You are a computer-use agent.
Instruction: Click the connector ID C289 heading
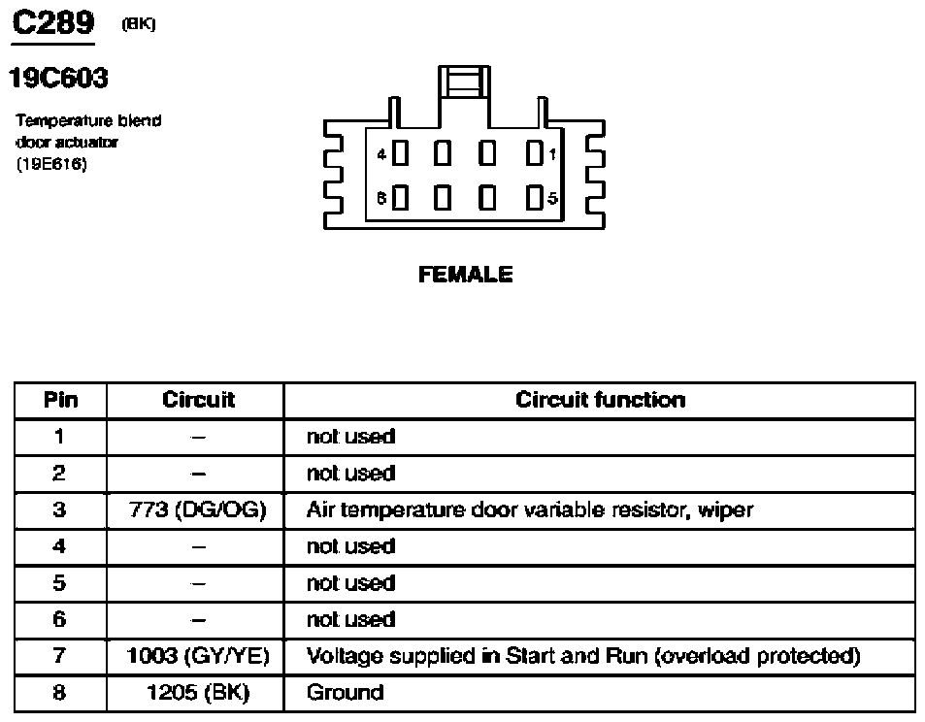pyautogui.click(x=53, y=23)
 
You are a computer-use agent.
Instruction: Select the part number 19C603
pyautogui.click(x=58, y=78)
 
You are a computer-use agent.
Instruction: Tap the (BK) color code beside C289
pyautogui.click(x=139, y=24)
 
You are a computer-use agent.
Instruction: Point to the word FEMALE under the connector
pyautogui.click(x=466, y=275)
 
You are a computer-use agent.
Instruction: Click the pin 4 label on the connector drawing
pyautogui.click(x=381, y=154)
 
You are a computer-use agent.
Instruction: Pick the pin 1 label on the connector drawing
pyautogui.click(x=552, y=154)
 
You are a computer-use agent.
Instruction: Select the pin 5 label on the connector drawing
pyautogui.click(x=552, y=198)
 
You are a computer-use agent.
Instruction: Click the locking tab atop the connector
pyautogui.click(x=464, y=82)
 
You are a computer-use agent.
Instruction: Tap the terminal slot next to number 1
pyautogui.click(x=535, y=153)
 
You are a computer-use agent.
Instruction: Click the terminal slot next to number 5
pyautogui.click(x=535, y=197)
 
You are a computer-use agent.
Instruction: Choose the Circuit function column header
pyautogui.click(x=601, y=400)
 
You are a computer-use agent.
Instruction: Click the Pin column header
pyautogui.click(x=60, y=400)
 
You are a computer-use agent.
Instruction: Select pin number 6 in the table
pyautogui.click(x=59, y=619)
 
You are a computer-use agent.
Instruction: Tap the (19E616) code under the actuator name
pyautogui.click(x=51, y=164)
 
